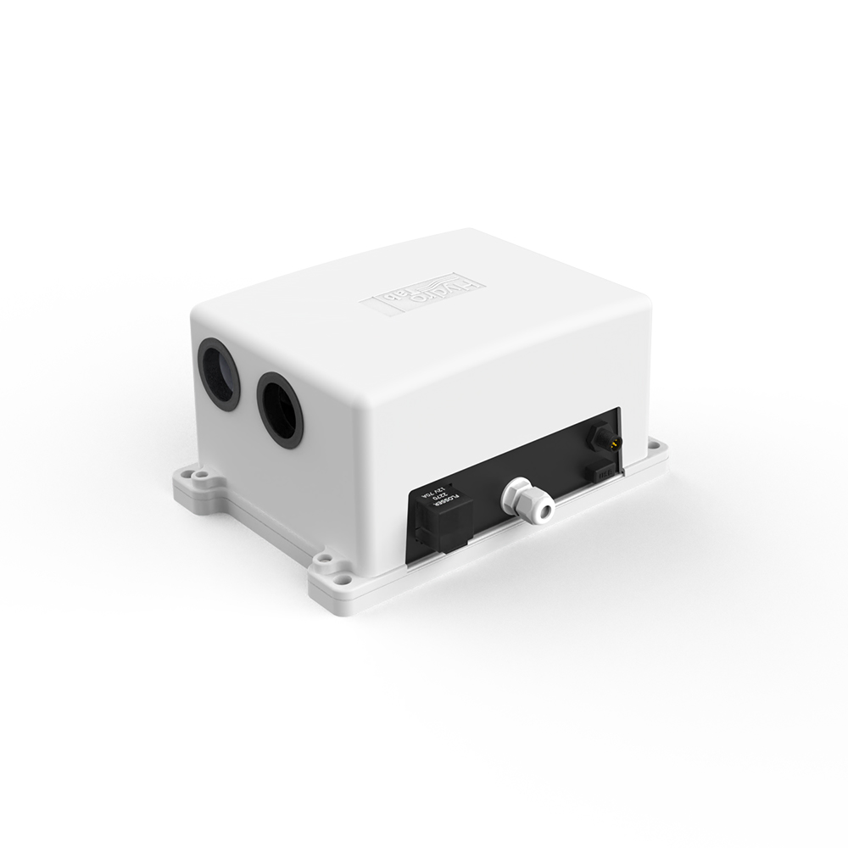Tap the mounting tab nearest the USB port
coord(658,449)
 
